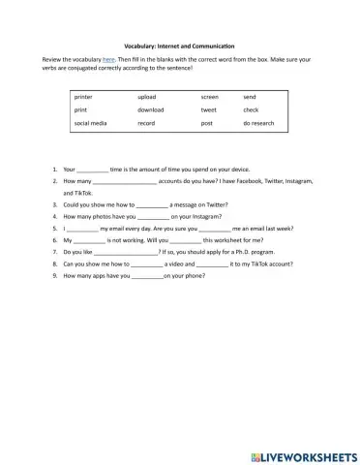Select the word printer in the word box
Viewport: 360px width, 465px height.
84,98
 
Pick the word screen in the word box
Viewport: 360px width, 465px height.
210,98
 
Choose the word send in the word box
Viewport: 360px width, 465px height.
250,98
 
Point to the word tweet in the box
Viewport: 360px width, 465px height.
209,110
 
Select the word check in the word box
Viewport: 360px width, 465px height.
251,110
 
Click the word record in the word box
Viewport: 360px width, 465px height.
147,124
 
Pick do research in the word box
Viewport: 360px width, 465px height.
259,124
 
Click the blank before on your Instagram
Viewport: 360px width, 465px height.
150,217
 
